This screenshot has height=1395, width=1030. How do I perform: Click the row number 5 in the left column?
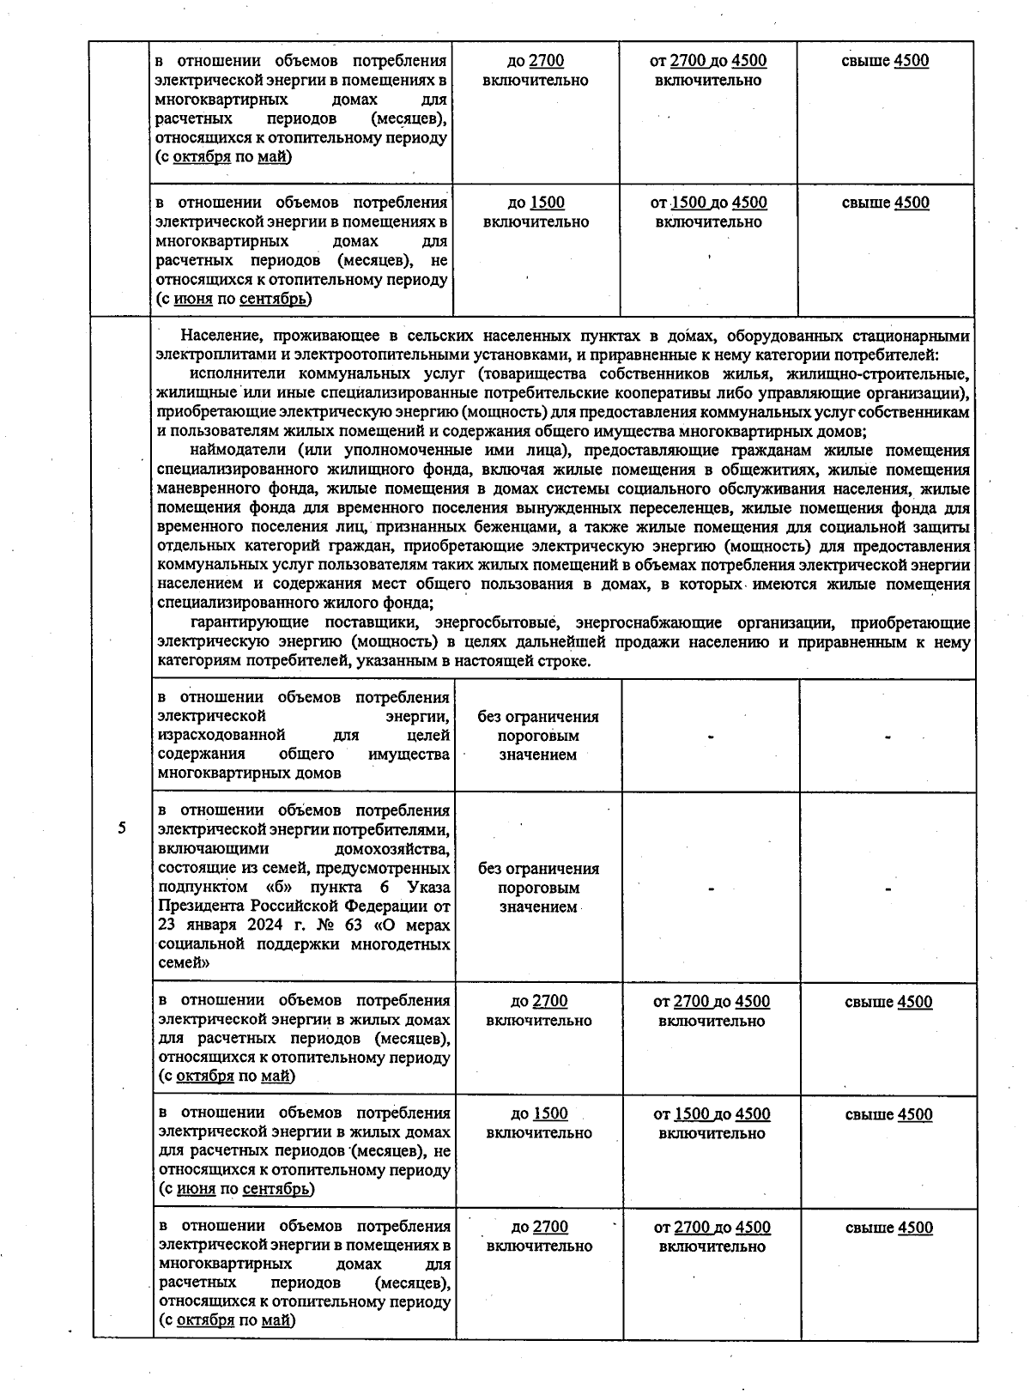pos(122,828)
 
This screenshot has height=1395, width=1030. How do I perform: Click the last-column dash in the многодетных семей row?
pos(888,889)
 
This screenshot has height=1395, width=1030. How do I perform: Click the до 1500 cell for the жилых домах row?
pos(538,1123)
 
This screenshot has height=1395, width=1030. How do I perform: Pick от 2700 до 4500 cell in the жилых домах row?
pos(712,1010)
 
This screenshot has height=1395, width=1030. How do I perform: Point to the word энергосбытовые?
pos(499,622)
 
